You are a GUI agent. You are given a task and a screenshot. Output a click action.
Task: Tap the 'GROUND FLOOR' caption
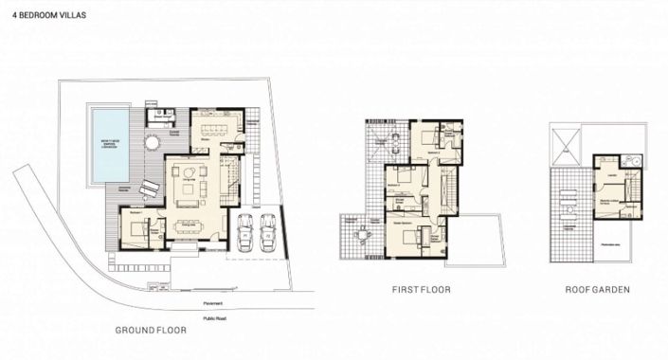(151, 331)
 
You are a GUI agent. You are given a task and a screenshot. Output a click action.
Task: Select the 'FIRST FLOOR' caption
(423, 289)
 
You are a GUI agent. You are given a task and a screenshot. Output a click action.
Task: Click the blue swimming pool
(110, 143)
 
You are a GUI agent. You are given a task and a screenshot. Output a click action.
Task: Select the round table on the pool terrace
(152, 143)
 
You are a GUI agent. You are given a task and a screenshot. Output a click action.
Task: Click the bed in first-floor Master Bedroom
(404, 237)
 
